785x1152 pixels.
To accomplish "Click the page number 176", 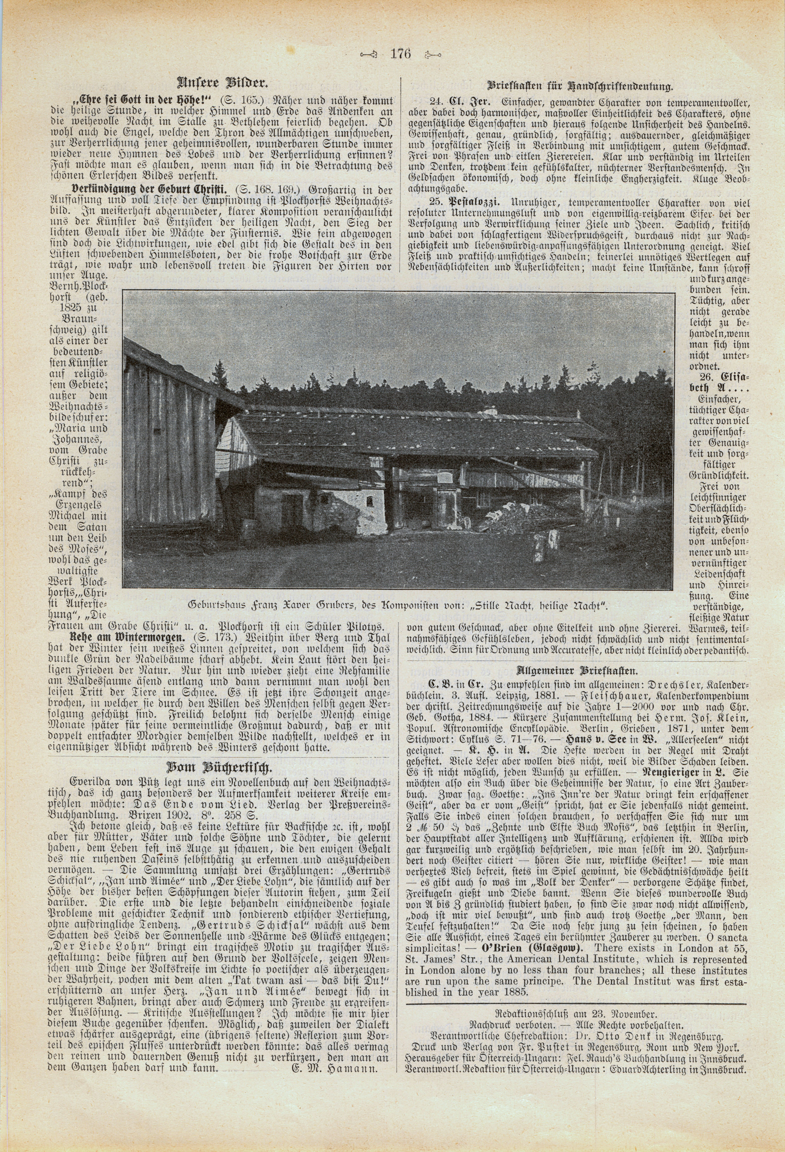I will (400, 54).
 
